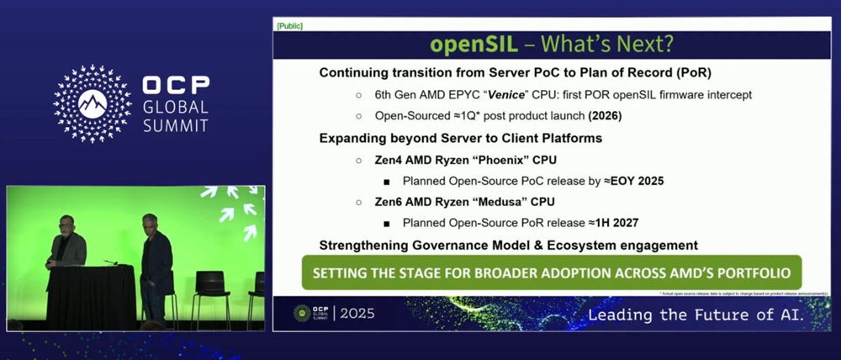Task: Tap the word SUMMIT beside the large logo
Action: tap(176, 125)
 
